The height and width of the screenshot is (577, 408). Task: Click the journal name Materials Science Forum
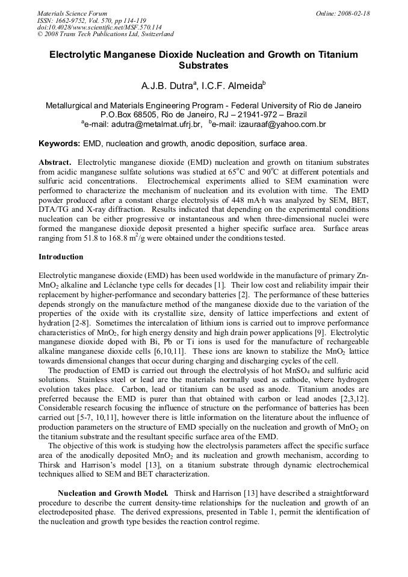click(x=72, y=13)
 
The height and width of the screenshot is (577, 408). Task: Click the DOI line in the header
click(x=99, y=27)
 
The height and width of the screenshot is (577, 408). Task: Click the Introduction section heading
click(x=61, y=257)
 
